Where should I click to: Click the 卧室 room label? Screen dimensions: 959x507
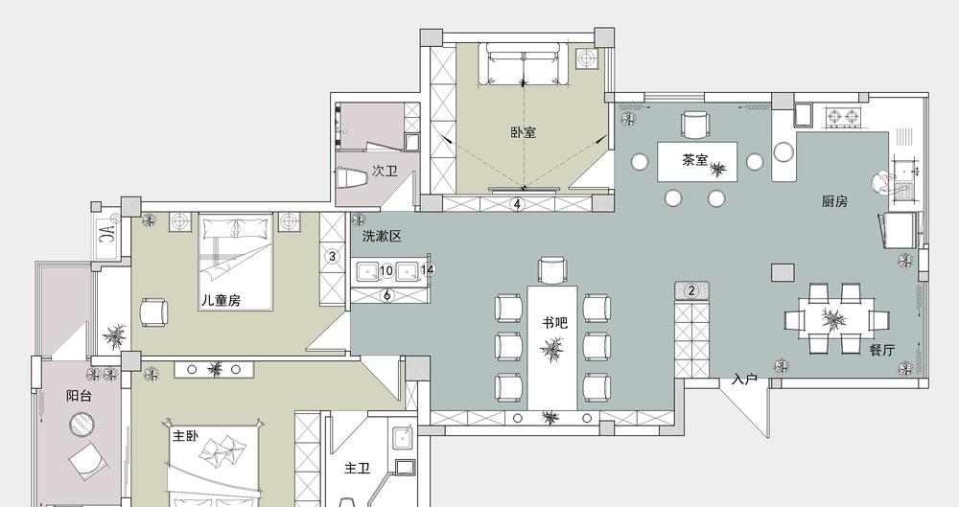point(523,132)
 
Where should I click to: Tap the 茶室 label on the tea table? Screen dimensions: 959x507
point(694,160)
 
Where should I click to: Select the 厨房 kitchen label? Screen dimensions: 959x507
point(834,201)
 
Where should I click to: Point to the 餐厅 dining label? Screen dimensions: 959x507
point(881,350)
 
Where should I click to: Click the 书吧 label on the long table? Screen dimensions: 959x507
point(554,322)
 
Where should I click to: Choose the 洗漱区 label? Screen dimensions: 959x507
point(382,237)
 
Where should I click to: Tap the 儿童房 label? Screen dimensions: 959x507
point(221,300)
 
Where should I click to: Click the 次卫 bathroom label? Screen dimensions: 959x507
point(385,171)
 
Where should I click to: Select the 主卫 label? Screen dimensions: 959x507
point(357,469)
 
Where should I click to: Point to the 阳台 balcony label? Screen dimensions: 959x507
point(79,396)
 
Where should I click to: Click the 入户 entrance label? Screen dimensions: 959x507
point(744,380)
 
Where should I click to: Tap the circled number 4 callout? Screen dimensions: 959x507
point(518,203)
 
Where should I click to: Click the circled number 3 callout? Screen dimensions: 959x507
point(332,256)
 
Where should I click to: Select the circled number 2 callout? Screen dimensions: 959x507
point(691,290)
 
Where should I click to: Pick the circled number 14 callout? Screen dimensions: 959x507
point(428,269)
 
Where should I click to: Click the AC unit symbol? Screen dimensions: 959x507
point(106,232)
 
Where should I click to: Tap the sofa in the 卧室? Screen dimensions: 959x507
point(524,63)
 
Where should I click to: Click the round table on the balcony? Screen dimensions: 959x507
point(81,424)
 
